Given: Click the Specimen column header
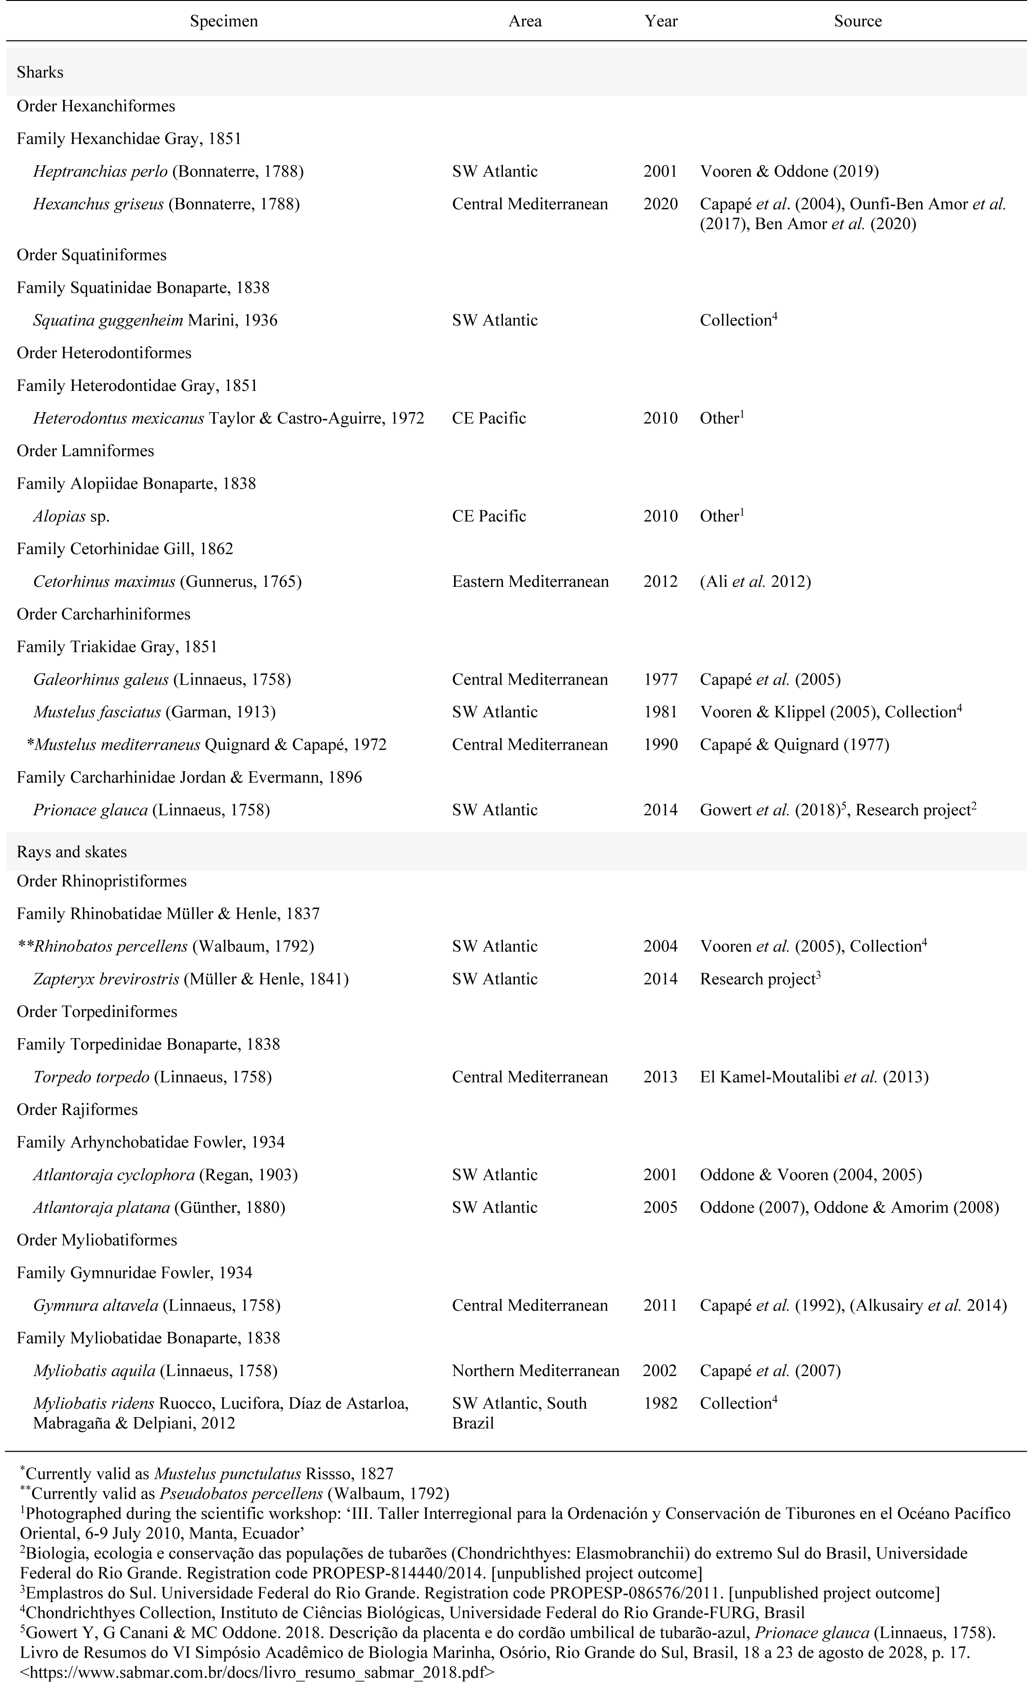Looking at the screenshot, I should point(224,21).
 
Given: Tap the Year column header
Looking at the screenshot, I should point(661,21).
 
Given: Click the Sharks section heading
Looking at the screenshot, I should point(40,72).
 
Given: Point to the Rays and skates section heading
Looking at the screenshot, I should point(71,852).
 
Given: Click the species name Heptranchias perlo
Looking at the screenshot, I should point(100,171).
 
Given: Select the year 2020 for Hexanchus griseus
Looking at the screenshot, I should point(660,204).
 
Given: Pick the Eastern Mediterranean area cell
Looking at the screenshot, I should point(530,582).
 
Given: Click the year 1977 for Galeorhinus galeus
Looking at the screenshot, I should point(660,680).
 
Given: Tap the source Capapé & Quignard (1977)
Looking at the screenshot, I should point(794,745).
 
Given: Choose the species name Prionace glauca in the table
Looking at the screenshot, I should point(90,810).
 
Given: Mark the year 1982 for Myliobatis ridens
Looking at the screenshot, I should point(660,1403).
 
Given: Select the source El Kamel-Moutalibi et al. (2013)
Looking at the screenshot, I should point(814,1077).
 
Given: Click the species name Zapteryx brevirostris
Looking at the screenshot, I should point(106,979).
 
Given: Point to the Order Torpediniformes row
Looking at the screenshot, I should point(97,1012).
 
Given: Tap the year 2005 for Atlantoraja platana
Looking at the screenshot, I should point(660,1207).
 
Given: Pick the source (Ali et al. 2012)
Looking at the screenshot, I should point(755,582).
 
